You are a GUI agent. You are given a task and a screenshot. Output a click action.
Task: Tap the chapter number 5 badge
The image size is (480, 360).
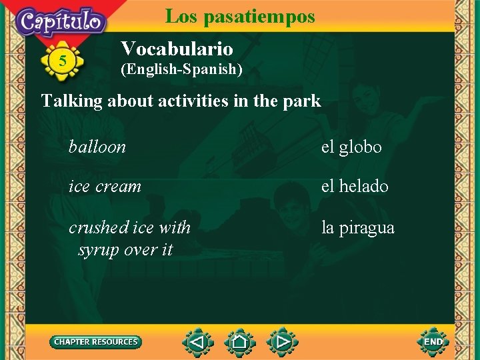(x=62, y=61)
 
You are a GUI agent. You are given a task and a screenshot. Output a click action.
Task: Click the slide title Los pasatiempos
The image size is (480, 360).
(x=239, y=16)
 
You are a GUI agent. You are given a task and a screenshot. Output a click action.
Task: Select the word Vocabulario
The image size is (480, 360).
(x=177, y=49)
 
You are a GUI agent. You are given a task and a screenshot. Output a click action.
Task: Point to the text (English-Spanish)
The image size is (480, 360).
(x=181, y=69)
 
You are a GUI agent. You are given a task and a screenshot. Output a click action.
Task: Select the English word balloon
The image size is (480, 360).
(x=97, y=147)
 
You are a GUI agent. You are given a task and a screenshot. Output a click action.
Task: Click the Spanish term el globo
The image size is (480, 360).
(x=351, y=147)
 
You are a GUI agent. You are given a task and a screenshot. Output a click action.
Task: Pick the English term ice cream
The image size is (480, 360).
(x=105, y=186)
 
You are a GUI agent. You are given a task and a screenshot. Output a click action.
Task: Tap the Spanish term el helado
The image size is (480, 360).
(x=355, y=186)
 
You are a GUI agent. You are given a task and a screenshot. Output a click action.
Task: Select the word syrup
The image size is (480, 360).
(x=99, y=250)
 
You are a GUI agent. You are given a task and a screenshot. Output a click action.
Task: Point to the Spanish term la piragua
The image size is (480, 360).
(x=357, y=228)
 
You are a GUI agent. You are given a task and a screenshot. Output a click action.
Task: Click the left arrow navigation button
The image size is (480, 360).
(x=197, y=343)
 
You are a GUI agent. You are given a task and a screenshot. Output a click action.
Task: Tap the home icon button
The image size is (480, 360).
(x=239, y=343)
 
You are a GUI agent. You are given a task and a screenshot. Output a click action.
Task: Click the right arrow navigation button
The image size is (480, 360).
(x=281, y=343)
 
